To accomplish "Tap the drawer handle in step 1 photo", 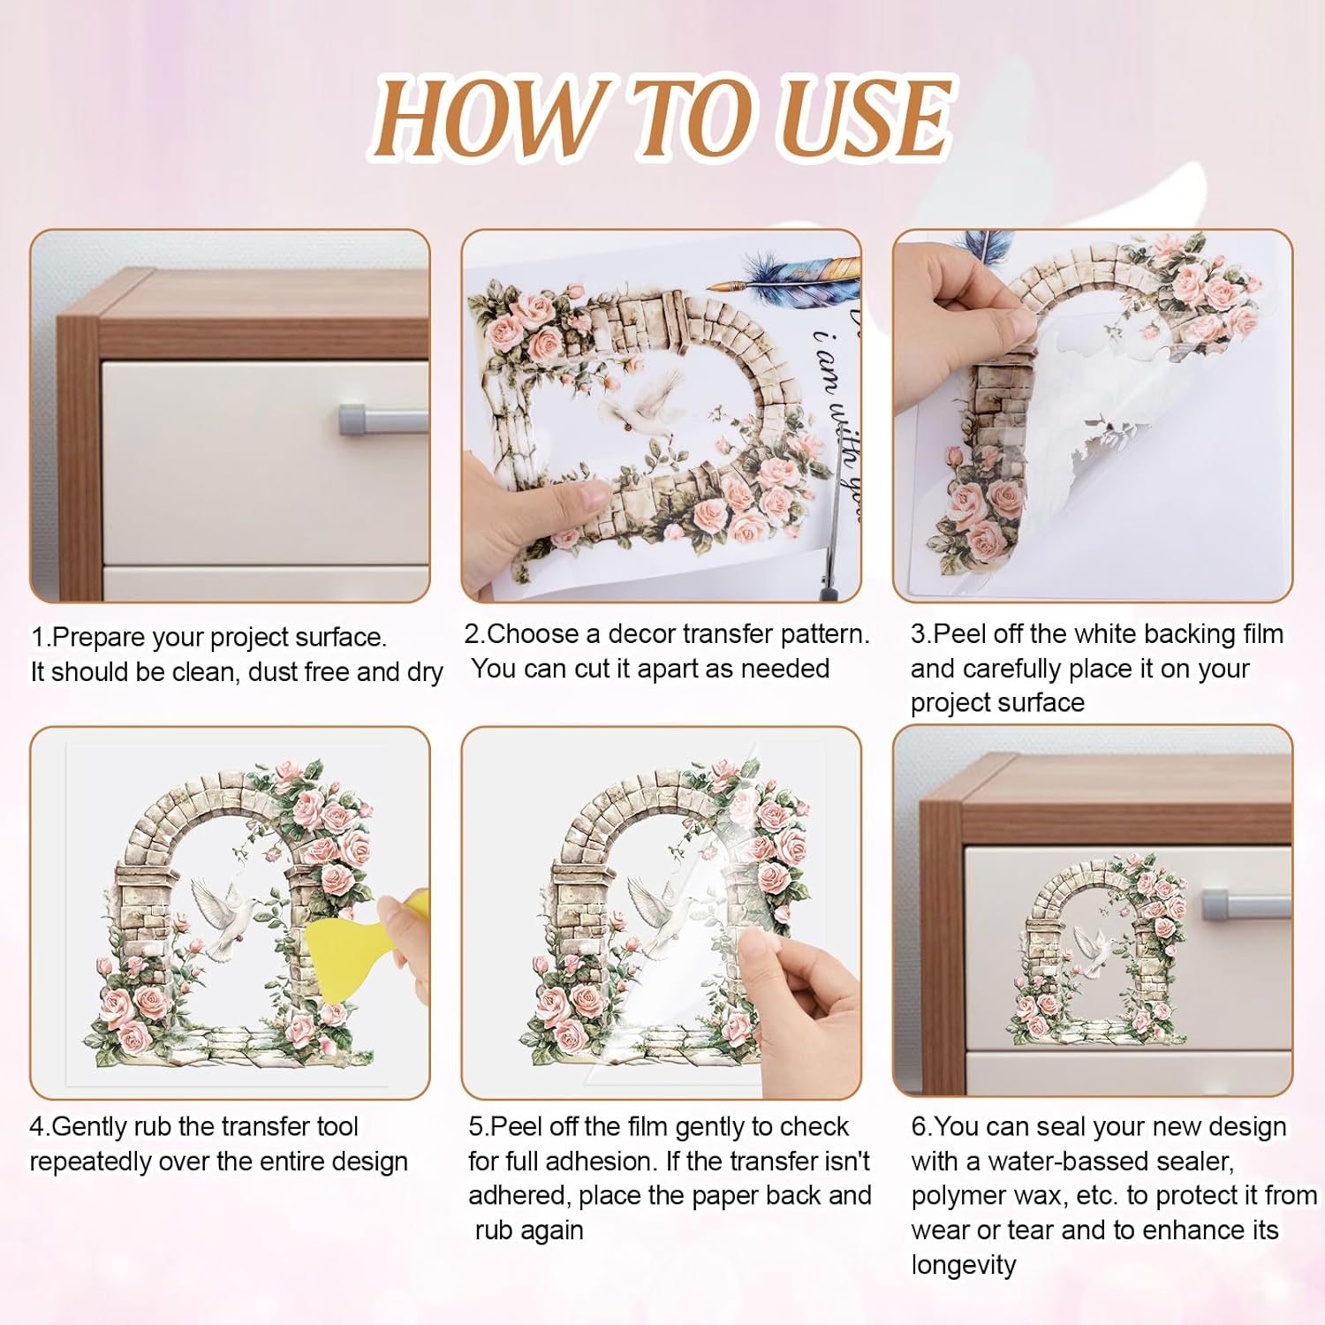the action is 383,419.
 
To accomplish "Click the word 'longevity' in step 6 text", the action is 964,1265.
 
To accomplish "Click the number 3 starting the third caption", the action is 918,634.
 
